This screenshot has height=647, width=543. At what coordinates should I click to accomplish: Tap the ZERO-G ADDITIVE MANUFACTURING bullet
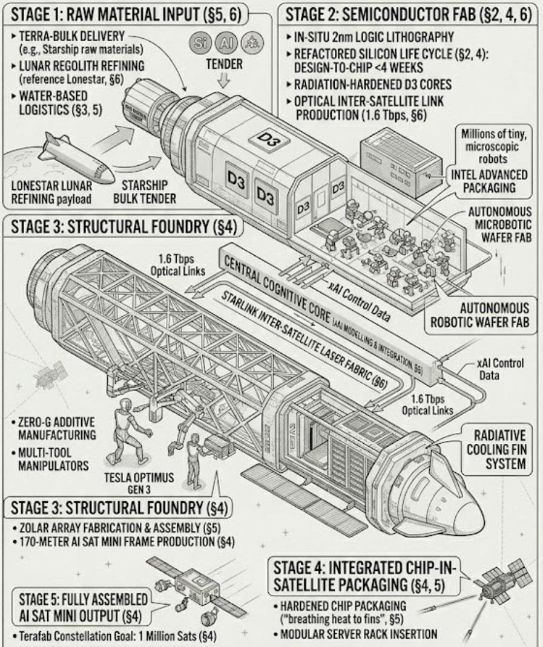point(55,428)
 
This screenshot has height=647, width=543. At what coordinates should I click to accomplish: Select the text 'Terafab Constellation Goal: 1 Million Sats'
point(116,636)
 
